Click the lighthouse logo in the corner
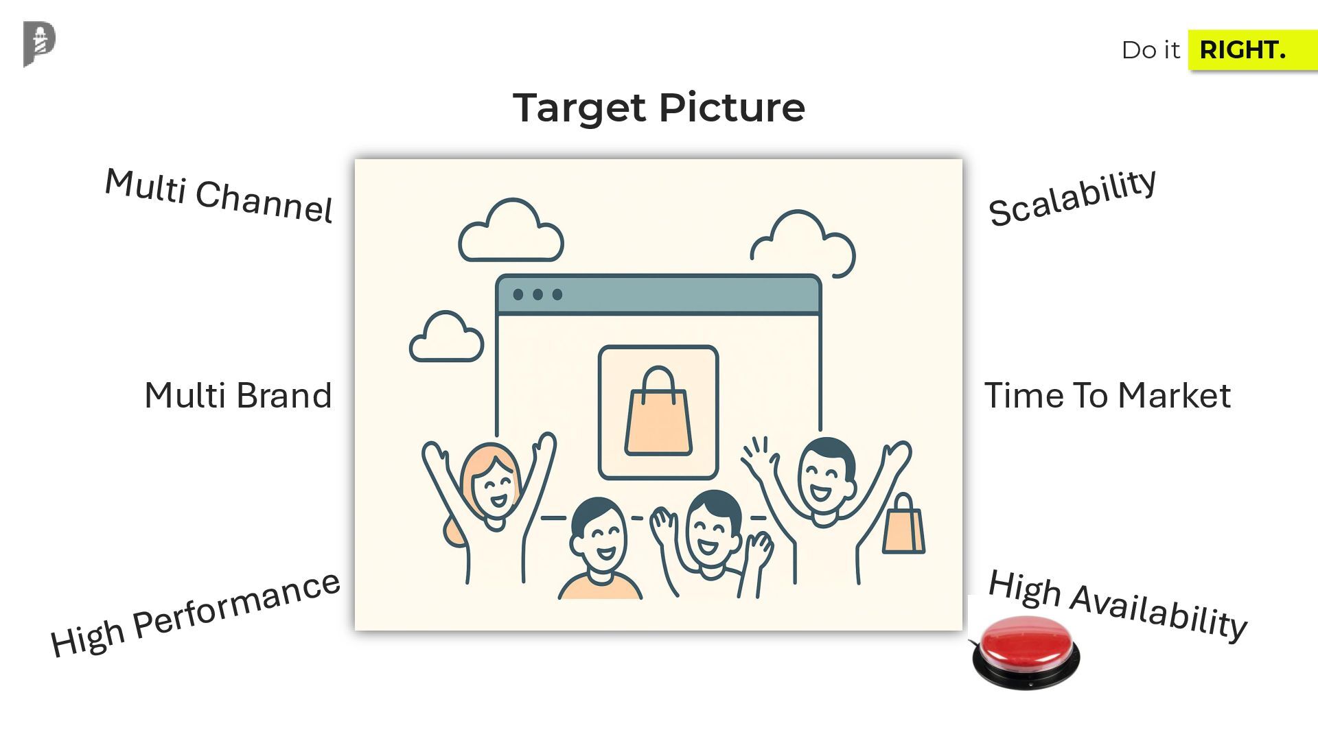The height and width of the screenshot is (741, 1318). click(x=39, y=44)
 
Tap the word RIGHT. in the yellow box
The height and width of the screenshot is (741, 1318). click(x=1242, y=50)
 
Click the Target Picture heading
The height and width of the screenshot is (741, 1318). click(x=658, y=108)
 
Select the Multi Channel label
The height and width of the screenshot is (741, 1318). click(x=218, y=196)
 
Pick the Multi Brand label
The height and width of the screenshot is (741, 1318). click(x=238, y=396)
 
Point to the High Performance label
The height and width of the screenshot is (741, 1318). click(x=195, y=614)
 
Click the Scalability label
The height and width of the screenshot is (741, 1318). click(x=1072, y=198)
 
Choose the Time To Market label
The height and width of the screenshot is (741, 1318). click(x=1107, y=396)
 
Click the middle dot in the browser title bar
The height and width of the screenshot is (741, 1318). click(x=537, y=294)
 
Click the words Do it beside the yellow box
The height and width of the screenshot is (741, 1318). click(x=1150, y=50)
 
